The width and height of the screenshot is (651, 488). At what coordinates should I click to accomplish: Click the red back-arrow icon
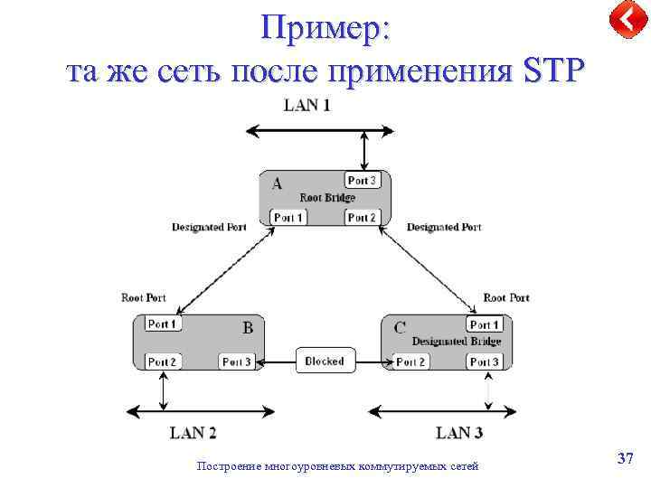coord(626,19)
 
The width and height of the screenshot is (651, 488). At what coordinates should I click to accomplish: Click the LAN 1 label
coord(307,106)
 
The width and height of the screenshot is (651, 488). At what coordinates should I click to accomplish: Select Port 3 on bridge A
coord(362,181)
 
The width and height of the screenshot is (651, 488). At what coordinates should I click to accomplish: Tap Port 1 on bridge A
coord(288,217)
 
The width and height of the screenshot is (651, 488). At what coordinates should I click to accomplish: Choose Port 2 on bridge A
coord(362,217)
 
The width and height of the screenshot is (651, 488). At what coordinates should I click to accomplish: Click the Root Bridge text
coord(327,198)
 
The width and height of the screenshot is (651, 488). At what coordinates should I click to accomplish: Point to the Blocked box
coord(325,361)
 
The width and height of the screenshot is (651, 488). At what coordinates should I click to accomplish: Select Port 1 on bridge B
coord(163,324)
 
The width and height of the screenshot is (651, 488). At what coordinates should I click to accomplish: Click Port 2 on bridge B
coord(163,361)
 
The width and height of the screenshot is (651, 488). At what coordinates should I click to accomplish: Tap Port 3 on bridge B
coord(237,361)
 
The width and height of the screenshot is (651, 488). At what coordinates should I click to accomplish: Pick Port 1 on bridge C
coord(484,324)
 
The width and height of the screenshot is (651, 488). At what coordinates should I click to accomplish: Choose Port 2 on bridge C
coord(410,361)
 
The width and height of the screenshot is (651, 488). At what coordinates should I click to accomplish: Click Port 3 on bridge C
coord(484,361)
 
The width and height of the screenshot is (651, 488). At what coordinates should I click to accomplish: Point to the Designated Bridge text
coord(456,342)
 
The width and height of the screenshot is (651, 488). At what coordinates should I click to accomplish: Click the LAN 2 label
coord(193,433)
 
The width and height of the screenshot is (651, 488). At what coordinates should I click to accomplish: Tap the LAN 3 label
coord(459,433)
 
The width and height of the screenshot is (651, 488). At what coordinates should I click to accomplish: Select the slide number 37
coord(625,459)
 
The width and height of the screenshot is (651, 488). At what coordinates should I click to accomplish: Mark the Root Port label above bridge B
coord(144,297)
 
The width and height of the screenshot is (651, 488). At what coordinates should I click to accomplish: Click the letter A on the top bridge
coord(278,183)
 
